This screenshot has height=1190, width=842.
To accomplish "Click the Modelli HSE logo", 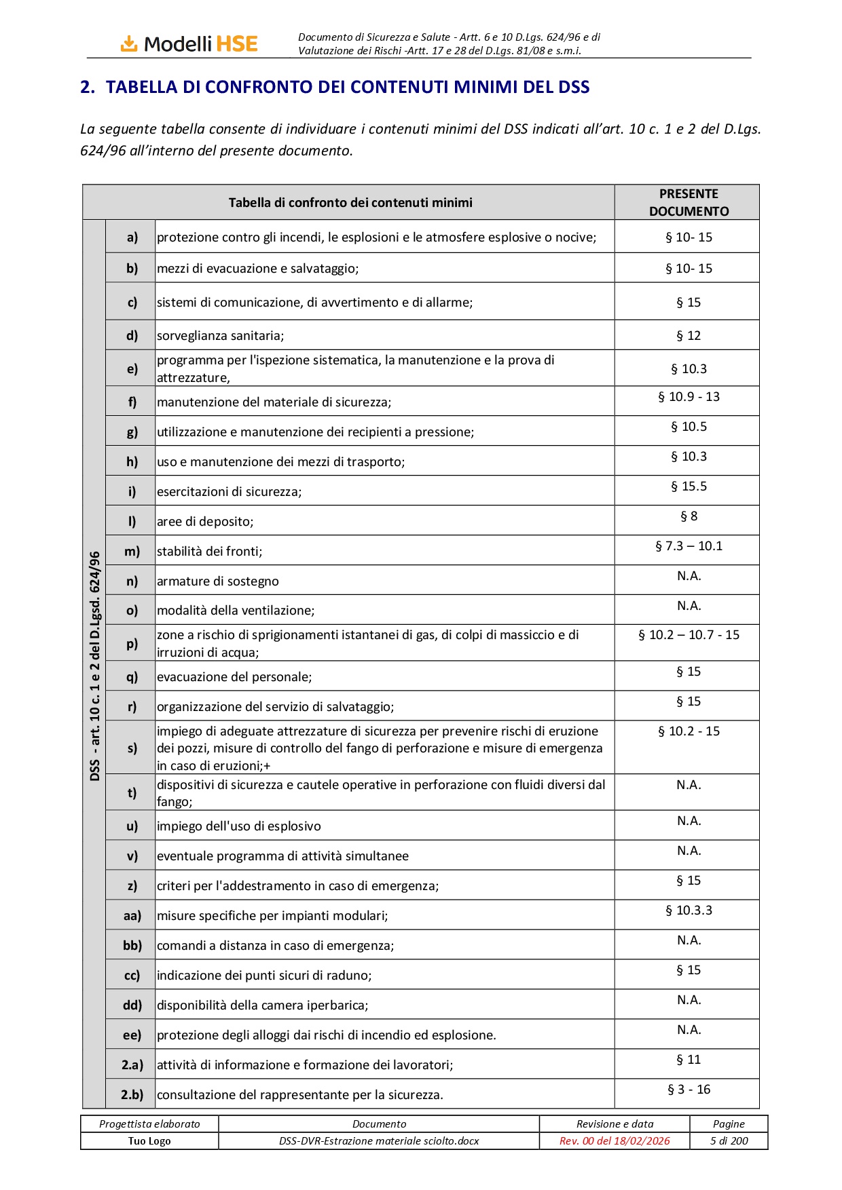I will pos(189,44).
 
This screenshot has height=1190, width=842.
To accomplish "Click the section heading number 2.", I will pos(87,88).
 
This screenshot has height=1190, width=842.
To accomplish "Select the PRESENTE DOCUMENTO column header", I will pos(688,202).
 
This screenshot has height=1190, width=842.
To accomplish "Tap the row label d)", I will pos(132,335).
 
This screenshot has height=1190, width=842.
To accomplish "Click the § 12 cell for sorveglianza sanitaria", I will pos(688,335).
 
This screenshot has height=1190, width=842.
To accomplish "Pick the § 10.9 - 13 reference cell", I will pos(688,397).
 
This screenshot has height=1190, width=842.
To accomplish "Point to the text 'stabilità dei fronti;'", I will pos(209,552).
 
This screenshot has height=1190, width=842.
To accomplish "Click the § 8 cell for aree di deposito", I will pos(688,516).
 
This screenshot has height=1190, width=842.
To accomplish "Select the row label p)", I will pos(132,643).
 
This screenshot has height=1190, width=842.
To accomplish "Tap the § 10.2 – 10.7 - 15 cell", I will pos(688,635).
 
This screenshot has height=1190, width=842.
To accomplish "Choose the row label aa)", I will pos(132,915).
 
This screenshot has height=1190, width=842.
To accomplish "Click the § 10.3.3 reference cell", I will pos(688,910).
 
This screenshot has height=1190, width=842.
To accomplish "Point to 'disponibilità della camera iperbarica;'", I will pos(262,1005).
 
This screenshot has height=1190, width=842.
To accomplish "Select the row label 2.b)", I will pos(132,1094).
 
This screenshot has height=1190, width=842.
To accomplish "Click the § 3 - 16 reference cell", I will pos(688,1090).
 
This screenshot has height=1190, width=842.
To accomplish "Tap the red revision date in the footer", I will pos(615,1141).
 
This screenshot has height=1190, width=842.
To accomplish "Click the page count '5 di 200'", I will pos(729,1141).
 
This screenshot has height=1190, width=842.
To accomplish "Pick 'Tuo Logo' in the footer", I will pos(149,1141).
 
